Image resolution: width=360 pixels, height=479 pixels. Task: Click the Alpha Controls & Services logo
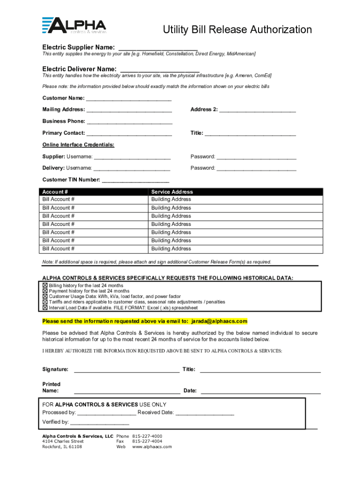pos(74,26)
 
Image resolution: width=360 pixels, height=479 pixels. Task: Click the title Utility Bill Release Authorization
pos(237,30)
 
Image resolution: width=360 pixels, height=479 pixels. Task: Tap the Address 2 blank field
pos(258,111)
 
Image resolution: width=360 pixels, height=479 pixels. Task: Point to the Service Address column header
pos(172,192)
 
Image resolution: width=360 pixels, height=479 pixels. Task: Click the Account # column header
pos(55,192)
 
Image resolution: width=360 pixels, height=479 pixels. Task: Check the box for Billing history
pos(45,285)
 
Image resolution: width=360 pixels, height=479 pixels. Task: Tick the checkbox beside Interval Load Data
pos(45,308)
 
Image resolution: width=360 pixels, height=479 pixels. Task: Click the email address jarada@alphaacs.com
pos(218,321)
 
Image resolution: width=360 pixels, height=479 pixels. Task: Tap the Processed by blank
pos(107,414)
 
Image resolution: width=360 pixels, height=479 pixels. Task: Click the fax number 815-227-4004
pos(147,441)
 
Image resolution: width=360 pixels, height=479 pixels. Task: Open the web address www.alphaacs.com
pos(152,447)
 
